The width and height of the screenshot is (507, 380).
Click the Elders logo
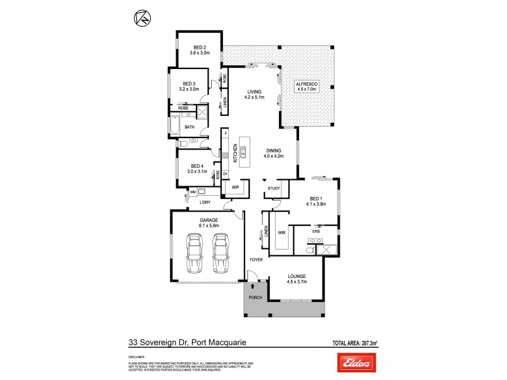(x=357, y=364)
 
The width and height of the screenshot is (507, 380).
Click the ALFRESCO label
(x=307, y=84)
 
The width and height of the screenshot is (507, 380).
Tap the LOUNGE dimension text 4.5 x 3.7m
(x=297, y=282)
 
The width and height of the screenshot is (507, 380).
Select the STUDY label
(x=274, y=188)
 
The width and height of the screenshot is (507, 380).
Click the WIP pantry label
(x=234, y=188)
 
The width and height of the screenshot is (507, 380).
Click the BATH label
(x=189, y=127)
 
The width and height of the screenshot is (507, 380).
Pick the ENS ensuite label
(x=316, y=232)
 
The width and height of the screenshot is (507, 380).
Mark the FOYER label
(x=257, y=260)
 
